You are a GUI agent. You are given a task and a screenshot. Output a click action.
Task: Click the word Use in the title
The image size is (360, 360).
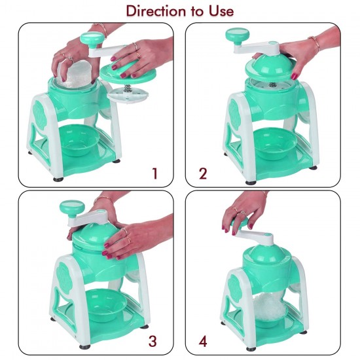pyautogui.click(x=221, y=11)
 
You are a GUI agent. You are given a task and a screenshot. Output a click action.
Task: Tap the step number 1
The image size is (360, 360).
pyautogui.click(x=155, y=173)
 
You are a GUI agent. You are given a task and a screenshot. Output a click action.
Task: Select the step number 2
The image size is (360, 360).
pyautogui.click(x=203, y=173)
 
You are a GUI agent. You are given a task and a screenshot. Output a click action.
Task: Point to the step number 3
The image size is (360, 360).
pyautogui.click(x=153, y=341)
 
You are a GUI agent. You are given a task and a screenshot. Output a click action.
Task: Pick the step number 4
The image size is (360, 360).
pyautogui.click(x=203, y=341)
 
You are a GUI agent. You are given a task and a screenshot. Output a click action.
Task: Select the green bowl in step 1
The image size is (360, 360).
pyautogui.click(x=79, y=139)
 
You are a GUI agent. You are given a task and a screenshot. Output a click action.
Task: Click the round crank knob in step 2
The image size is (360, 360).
pyautogui.click(x=238, y=36)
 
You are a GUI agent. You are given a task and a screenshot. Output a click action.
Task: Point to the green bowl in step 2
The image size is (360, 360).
pyautogui.click(x=274, y=143)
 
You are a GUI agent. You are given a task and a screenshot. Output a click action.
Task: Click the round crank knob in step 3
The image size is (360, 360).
pyautogui.click(x=71, y=207)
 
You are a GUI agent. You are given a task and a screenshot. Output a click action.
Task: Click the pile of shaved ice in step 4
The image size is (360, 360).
pyautogui.click(x=270, y=307)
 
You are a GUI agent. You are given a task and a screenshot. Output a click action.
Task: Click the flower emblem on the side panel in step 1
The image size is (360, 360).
pyautogui.click(x=40, y=113)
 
